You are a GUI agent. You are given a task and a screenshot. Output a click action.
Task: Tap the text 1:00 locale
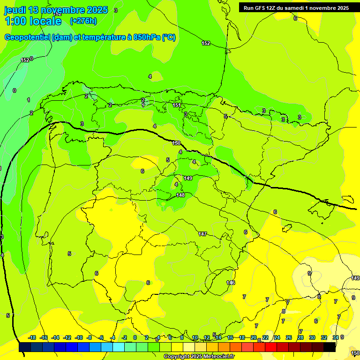33,21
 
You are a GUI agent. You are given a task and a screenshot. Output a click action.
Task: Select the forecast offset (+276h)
83,21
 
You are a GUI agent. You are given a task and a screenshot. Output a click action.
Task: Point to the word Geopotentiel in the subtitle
27,37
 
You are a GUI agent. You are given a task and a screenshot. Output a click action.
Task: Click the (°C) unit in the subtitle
168,37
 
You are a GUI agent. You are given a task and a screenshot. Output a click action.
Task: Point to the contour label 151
177,105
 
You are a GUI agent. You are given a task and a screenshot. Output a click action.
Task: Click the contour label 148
180,195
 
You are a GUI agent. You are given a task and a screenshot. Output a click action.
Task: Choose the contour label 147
202,234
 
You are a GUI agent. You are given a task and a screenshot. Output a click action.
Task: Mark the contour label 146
231,283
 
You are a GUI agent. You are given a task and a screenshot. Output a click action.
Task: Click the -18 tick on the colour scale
32,337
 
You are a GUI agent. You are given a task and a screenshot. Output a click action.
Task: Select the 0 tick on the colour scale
135,337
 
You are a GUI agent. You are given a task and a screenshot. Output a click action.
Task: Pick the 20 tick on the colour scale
254,337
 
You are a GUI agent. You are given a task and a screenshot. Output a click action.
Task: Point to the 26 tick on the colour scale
289,337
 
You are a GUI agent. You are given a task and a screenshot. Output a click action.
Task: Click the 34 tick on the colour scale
336,337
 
